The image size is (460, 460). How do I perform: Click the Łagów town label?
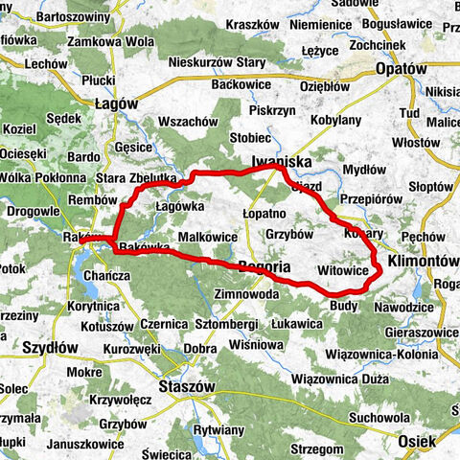click(117, 104)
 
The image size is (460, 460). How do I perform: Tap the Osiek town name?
click(418, 441)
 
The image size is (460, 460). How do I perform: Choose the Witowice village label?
click(341, 271)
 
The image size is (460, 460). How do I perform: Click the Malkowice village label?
click(207, 236)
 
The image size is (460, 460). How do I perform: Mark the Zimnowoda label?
click(246, 293)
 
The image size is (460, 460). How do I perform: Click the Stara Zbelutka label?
click(136, 178)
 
